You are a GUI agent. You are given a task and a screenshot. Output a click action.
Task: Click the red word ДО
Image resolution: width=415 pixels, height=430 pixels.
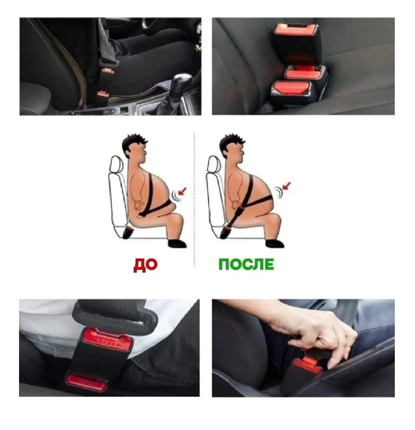tap(145, 265)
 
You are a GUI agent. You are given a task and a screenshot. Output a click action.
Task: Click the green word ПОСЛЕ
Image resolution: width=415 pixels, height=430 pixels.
tap(246, 264)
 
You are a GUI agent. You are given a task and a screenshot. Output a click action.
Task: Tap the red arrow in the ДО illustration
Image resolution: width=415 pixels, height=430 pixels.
tap(183, 191)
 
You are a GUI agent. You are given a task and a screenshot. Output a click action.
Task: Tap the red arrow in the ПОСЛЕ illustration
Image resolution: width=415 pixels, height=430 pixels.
tap(286, 186)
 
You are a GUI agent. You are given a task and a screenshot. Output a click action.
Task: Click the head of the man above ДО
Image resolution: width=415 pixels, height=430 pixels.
tap(136, 149)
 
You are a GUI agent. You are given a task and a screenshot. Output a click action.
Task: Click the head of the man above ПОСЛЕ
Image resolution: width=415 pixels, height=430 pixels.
tap(233, 149)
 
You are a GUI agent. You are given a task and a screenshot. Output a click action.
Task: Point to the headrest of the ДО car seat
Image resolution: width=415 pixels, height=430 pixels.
tap(116, 164)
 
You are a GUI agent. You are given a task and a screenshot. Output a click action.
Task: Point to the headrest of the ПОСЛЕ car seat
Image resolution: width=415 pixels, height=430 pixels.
tap(213, 164)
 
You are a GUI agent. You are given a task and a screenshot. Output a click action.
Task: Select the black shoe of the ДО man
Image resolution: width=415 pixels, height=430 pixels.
tap(177, 243)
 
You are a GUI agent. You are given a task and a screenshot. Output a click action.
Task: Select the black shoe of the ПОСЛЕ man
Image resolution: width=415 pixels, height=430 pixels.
tap(275, 243)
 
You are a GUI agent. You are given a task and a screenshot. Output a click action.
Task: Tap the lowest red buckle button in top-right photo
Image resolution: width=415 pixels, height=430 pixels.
tap(291, 90)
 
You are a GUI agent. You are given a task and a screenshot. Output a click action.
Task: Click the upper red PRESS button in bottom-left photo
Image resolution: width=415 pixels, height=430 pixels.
tap(107, 339)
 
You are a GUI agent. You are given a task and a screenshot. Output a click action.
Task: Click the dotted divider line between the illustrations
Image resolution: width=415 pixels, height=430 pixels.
tap(194, 200)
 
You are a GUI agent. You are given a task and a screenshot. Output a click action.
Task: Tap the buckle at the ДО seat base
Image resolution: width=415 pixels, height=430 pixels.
tap(128, 232)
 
